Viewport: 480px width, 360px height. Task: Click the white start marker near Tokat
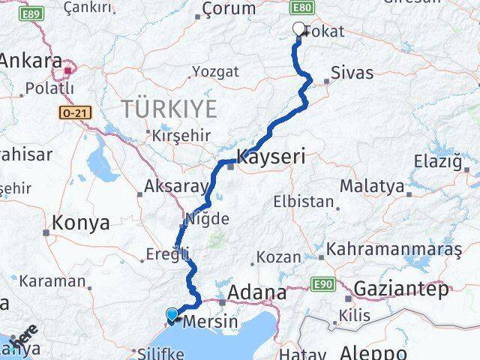click(x=299, y=30)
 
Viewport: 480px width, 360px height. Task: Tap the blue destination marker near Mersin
click(x=172, y=316)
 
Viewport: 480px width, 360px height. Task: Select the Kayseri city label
click(x=271, y=157)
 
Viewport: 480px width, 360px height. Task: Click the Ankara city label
click(x=31, y=61)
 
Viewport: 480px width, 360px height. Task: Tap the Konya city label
click(x=81, y=223)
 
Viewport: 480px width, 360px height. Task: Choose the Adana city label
click(x=257, y=292)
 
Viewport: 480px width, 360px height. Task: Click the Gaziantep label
click(x=401, y=288)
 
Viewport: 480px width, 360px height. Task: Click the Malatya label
click(x=372, y=185)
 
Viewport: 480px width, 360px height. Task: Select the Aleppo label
click(x=373, y=352)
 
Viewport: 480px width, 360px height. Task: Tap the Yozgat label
click(x=215, y=71)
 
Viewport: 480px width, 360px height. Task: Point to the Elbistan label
click(x=304, y=201)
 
